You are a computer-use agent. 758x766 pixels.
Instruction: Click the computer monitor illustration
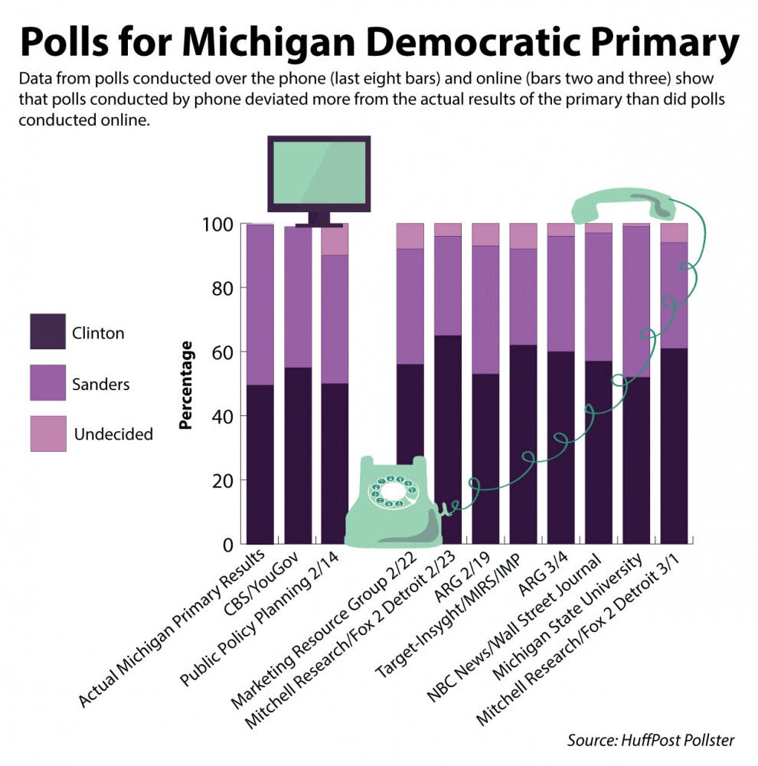[x=319, y=174]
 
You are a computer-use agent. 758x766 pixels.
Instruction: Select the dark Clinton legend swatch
[x=47, y=332]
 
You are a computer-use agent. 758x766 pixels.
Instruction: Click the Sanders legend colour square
[x=47, y=382]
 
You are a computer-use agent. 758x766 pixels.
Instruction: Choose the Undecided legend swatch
[x=47, y=433]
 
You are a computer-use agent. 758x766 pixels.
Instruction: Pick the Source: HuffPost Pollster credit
[x=650, y=740]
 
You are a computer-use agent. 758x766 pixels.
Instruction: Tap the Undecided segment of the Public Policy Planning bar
[x=335, y=240]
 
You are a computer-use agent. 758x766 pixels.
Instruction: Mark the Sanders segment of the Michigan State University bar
[x=636, y=302]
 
